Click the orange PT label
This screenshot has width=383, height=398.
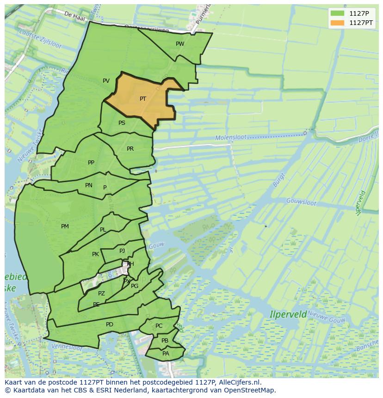[143, 99]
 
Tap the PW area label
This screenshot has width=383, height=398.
[180, 44]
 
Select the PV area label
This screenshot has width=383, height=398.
[106, 81]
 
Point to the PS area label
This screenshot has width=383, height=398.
[122, 123]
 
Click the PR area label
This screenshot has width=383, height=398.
[130, 149]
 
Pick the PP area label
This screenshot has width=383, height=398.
[91, 163]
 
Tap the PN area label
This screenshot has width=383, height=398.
[89, 185]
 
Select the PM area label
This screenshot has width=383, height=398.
[65, 227]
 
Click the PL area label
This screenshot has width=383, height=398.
[103, 230]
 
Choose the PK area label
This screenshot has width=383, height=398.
[95, 254]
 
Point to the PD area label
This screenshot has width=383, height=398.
[109, 325]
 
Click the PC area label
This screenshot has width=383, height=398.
[159, 326]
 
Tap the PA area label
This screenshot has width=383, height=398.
[166, 354]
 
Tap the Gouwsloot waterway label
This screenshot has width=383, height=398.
[301, 202]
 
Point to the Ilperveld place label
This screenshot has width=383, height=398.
[288, 314]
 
